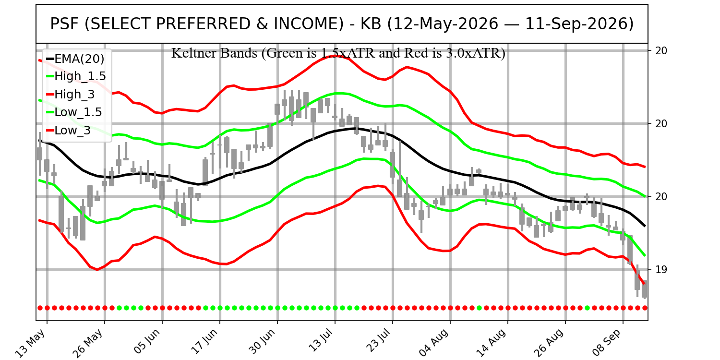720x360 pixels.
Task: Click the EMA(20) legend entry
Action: pos(75,59)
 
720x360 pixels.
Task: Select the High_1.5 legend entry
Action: pos(76,76)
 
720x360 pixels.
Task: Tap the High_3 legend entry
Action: pos(71,94)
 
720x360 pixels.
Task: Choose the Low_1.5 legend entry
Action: pos(74,112)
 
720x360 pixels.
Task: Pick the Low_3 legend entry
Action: pos(69,130)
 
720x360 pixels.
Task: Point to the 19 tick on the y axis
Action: pos(661,269)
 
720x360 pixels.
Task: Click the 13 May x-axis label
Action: pos(31,343)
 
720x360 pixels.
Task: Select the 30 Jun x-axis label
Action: pos(262,342)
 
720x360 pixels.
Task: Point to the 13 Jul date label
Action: pos(320,341)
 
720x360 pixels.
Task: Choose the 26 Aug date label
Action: pos(549,343)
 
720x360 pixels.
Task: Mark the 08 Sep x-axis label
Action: pos(607,343)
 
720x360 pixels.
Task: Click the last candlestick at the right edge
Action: pos(644,289)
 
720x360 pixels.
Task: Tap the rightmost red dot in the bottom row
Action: pos(645,308)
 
